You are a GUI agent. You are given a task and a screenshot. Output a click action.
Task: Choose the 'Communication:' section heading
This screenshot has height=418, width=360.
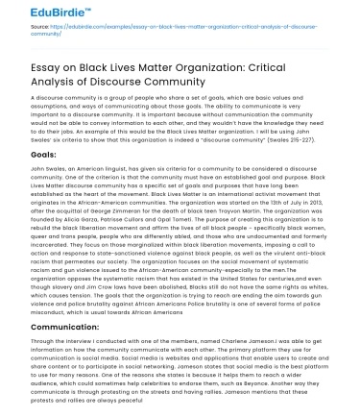[68, 328]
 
